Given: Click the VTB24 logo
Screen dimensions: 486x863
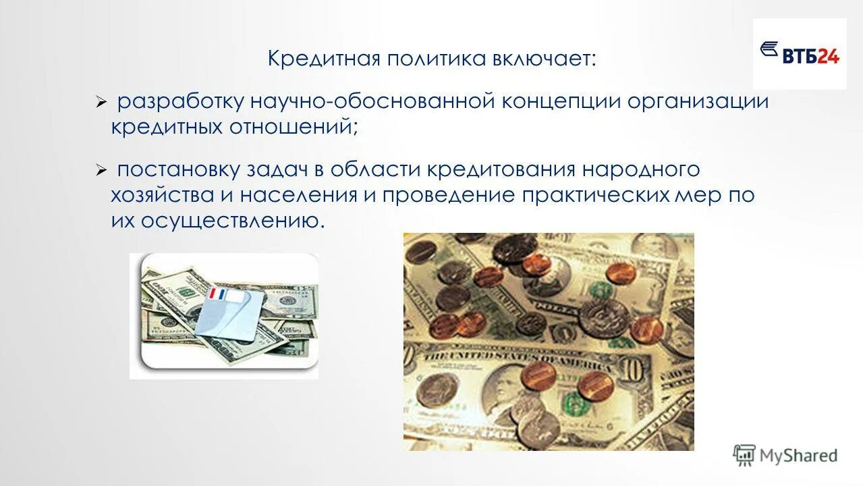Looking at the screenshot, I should pyautogui.click(x=800, y=54).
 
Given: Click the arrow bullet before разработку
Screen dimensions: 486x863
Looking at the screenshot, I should pyautogui.click(x=101, y=103).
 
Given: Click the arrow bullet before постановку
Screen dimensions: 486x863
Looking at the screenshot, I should pyautogui.click(x=101, y=171).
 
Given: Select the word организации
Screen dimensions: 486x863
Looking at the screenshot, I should pyautogui.click(x=699, y=103).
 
